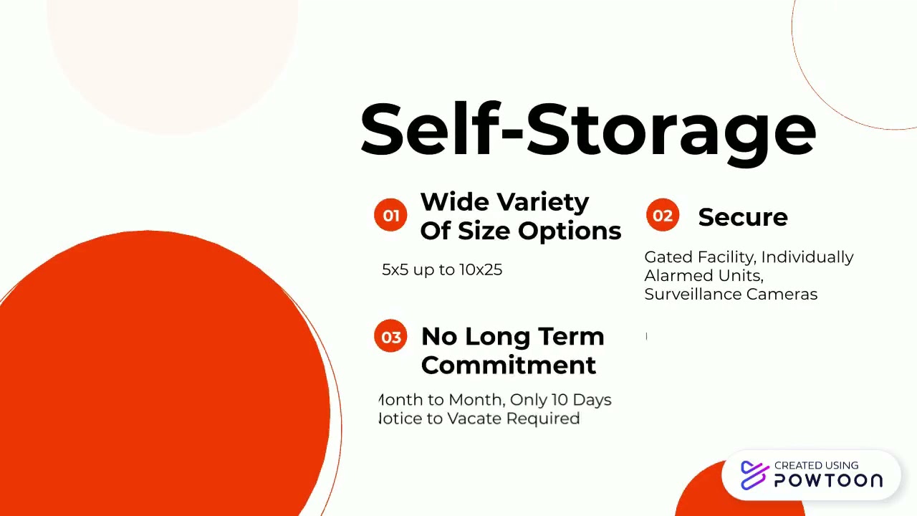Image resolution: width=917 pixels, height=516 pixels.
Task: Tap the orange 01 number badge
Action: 390,216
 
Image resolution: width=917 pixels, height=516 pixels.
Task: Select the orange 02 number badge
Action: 663,216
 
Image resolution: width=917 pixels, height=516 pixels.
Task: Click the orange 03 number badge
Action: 390,337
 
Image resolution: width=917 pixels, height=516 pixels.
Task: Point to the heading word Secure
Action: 742,217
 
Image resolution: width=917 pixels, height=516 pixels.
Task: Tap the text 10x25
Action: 481,270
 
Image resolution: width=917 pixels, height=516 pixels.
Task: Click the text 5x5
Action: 394,270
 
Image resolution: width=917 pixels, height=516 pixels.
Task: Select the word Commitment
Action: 508,365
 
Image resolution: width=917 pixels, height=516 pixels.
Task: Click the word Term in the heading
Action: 570,336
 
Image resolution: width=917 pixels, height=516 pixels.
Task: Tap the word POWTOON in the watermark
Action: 828,481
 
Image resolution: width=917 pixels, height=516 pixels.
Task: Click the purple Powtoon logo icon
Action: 754,474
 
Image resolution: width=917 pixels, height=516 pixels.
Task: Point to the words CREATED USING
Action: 816,465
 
